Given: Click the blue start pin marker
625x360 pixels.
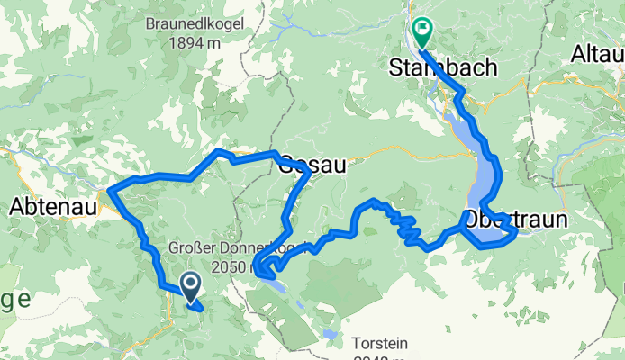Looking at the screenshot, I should [192, 286].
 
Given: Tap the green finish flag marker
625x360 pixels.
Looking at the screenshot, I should [421, 32].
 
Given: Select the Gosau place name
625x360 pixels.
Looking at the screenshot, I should [312, 165].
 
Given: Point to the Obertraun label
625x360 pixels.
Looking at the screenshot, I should [516, 219].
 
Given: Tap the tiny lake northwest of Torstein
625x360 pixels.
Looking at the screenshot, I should [331, 335].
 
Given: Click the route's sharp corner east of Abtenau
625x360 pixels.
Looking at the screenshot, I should [111, 189].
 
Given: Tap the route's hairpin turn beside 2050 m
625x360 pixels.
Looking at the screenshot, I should [258, 267].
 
